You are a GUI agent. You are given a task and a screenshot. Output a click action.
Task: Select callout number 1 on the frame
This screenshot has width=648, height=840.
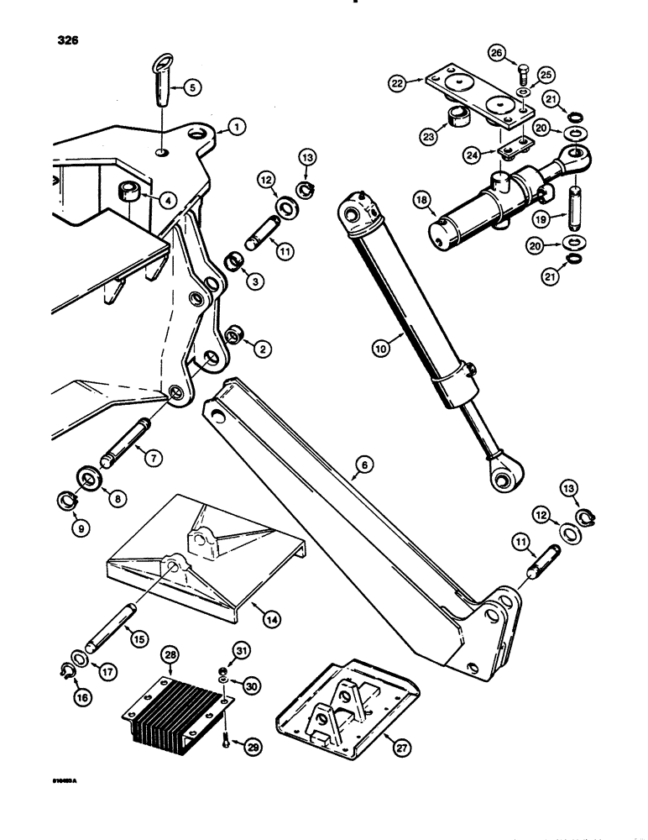[x=235, y=128]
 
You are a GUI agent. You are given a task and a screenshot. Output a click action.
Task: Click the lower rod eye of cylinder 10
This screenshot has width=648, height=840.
[x=506, y=478]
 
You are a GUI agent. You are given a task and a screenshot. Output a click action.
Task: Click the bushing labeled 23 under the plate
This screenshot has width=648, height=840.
[x=457, y=116]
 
